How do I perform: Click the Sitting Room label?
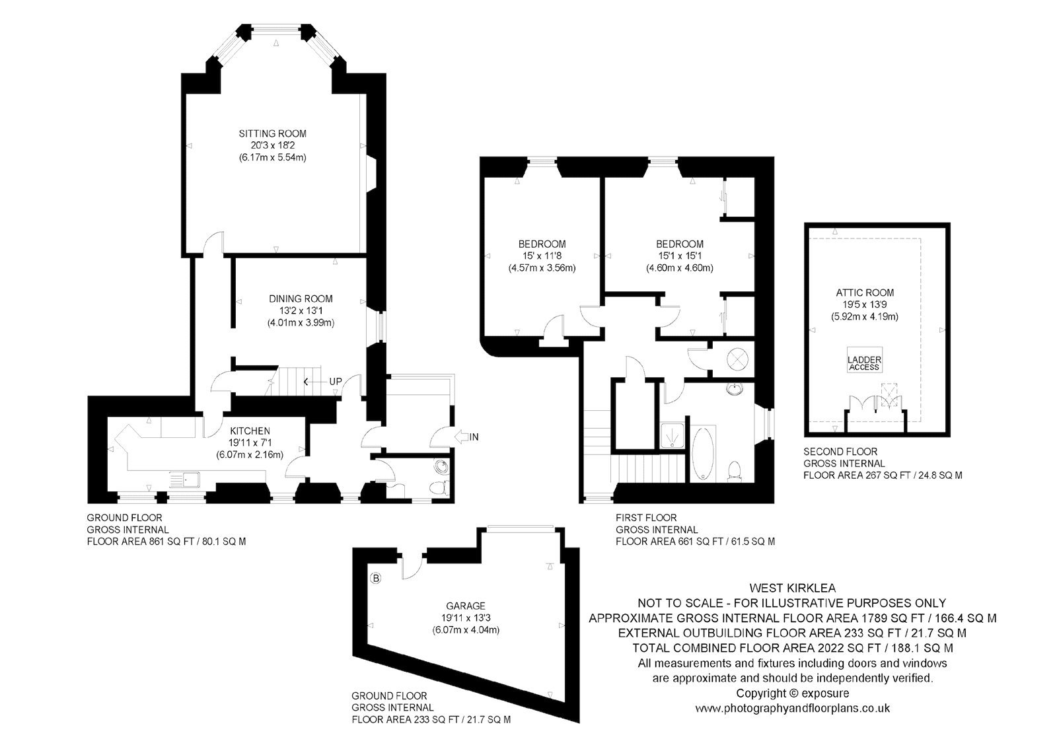pos(272,133)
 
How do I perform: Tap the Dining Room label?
pos(301,299)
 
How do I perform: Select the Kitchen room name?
pos(250,431)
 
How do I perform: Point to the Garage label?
pos(466,606)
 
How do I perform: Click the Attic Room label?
pos(865,293)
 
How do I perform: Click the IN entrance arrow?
pos(467,437)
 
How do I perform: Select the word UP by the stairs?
pos(336,381)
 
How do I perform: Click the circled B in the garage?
pos(376,578)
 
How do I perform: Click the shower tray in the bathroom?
pos(671,435)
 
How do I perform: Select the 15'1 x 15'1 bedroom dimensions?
pos(680,256)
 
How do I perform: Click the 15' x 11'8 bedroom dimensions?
pos(542,256)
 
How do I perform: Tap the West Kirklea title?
pos(793,588)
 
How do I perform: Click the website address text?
pos(793,708)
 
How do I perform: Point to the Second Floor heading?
pos(840,452)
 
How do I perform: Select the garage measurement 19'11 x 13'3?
pos(466,618)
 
